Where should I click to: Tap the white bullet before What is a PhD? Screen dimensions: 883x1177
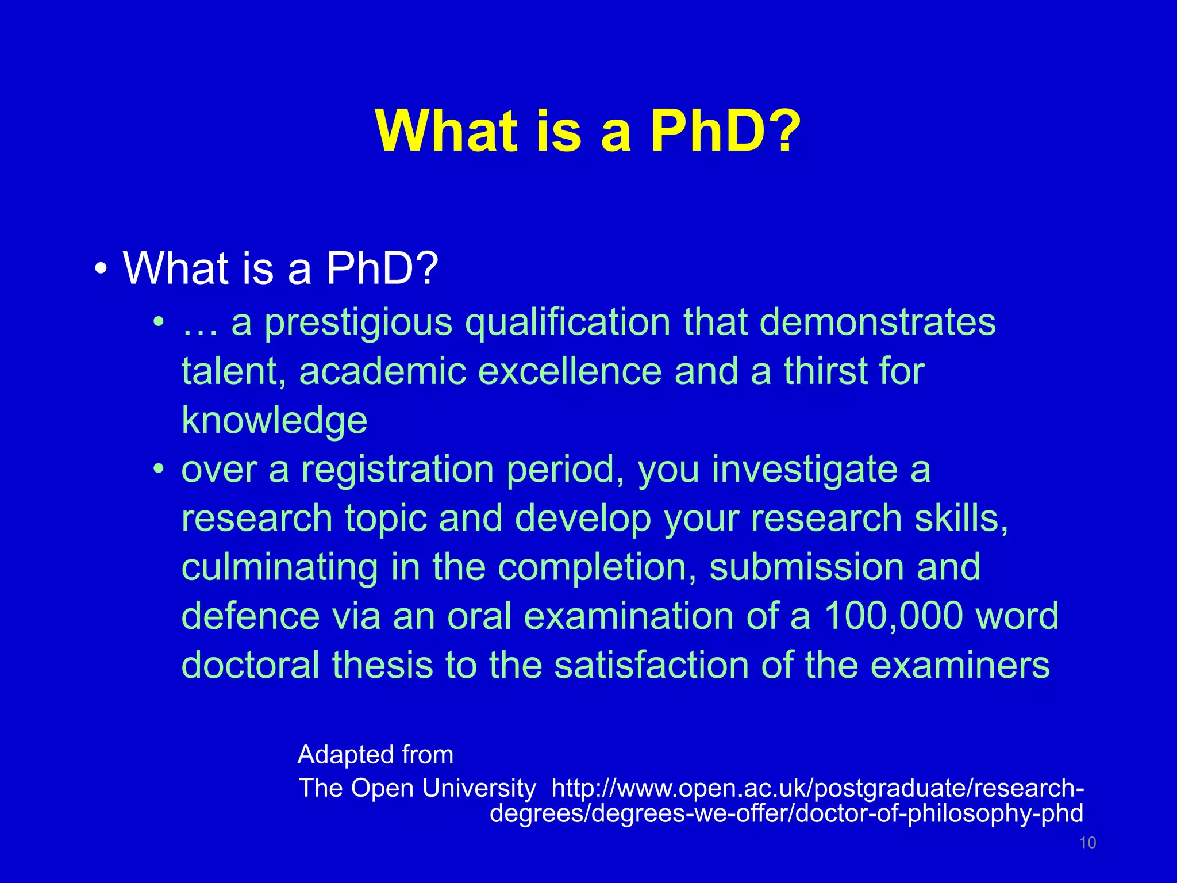101,269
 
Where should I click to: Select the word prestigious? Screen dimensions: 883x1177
359,323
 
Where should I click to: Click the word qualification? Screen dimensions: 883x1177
567,323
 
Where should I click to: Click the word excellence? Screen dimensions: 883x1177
570,371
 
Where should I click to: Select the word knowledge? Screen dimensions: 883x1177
274,421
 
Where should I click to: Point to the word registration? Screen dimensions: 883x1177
398,470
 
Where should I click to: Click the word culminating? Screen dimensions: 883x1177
280,568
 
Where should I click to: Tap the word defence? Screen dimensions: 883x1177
250,616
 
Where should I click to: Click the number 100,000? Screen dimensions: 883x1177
893,616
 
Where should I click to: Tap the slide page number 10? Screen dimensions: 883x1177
1087,843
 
